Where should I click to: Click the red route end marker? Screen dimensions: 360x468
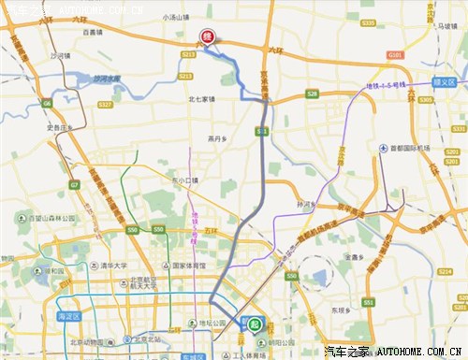pos(208,37)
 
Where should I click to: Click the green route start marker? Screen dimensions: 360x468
pos(255,324)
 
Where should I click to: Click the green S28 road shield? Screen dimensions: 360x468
pos(312,94)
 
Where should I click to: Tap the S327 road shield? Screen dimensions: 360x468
pos(106,104)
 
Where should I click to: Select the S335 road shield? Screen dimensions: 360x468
pos(368,22)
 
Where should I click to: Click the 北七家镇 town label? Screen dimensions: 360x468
pos(201,98)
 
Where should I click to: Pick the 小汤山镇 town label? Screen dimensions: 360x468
pos(176,16)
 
